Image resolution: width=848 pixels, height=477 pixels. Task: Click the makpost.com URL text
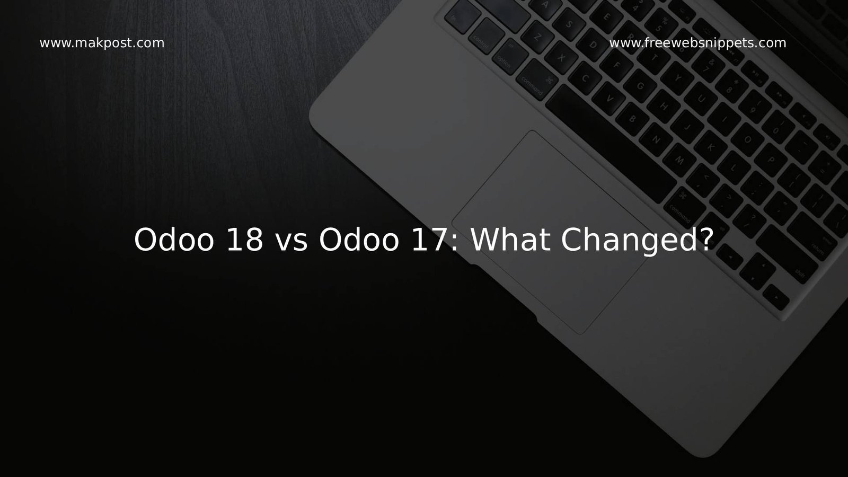[102, 43]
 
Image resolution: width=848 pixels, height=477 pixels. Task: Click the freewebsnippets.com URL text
[697, 43]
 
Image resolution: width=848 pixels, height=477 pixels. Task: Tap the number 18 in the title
[243, 240]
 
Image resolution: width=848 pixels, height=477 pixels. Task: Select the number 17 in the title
[427, 240]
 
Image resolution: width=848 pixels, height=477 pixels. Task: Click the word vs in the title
[290, 240]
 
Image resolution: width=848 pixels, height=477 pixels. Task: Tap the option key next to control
[506, 60]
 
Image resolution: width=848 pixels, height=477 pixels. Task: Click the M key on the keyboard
[681, 159]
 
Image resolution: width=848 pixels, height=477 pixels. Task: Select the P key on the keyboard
[772, 159]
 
